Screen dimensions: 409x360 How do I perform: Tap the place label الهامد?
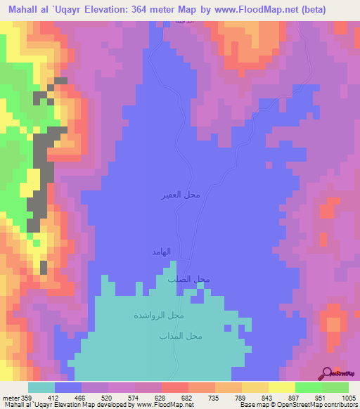162,252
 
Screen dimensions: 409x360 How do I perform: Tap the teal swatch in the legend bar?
41,387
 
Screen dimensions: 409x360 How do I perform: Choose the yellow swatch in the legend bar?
281,387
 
